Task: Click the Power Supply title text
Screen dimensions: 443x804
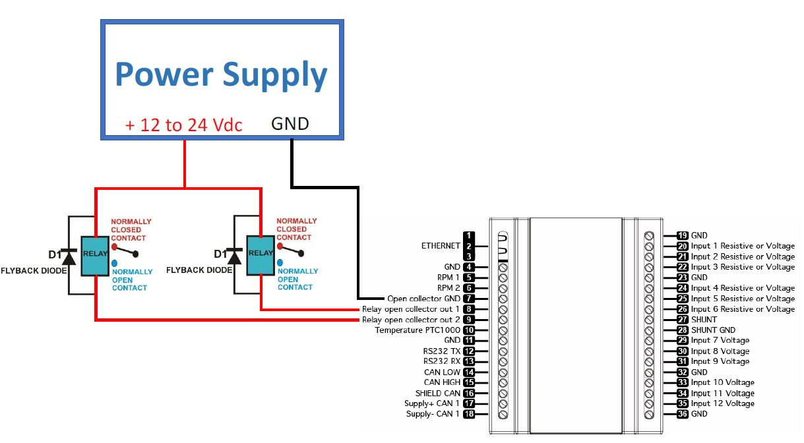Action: coord(221,74)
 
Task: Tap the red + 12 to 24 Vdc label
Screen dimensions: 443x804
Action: coord(183,125)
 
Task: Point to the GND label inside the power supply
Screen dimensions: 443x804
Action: coord(290,124)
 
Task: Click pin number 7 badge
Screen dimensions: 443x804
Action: coord(469,299)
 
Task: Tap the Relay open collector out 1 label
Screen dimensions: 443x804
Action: coord(410,309)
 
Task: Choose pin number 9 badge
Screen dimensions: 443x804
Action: coord(469,320)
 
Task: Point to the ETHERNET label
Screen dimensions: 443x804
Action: coord(441,246)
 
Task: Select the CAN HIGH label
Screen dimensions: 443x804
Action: coord(441,382)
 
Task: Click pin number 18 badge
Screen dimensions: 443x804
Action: coord(469,414)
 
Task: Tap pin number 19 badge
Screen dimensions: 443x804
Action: coord(683,235)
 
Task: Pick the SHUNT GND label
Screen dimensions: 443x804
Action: coord(713,330)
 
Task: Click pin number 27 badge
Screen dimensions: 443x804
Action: coord(683,319)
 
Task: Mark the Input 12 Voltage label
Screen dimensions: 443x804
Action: coord(723,403)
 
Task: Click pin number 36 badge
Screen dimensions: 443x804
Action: coord(683,413)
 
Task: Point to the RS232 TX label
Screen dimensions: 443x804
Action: coord(441,351)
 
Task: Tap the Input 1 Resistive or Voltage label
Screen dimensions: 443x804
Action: coord(743,246)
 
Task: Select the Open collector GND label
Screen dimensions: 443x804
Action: coord(423,299)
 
